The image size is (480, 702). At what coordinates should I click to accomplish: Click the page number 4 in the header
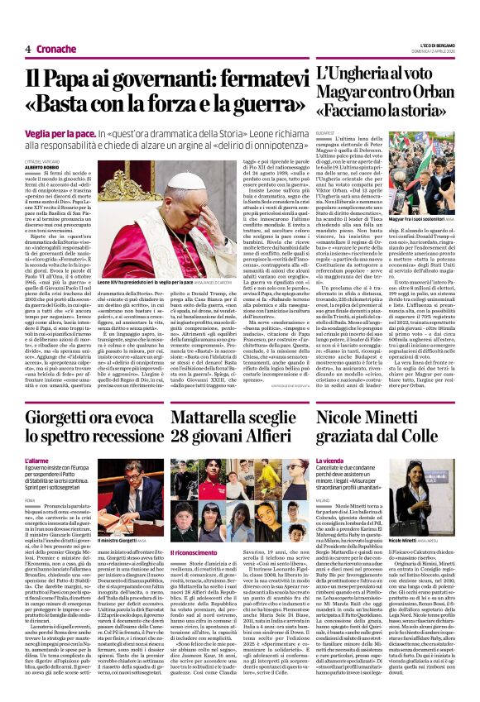(28, 49)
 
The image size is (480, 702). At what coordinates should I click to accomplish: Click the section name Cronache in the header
(55, 49)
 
